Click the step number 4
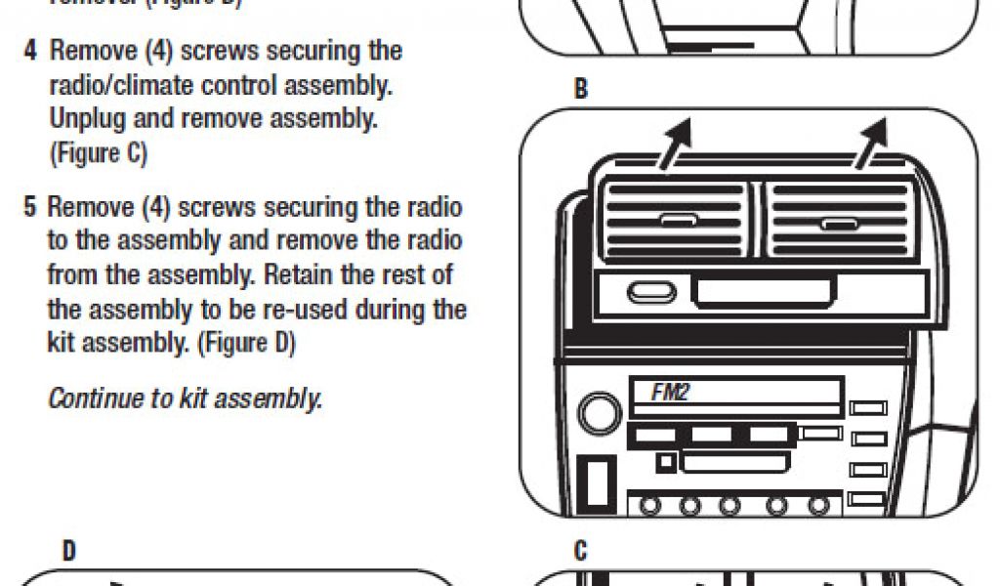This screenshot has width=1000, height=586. pos(31,50)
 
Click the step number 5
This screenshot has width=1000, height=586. pos(31,208)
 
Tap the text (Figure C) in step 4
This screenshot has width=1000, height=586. pos(98,154)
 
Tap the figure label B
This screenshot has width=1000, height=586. pos(581,90)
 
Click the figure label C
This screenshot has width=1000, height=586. pos(581,552)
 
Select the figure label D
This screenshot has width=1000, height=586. pos(69,552)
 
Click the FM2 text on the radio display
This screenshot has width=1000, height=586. pos(670,393)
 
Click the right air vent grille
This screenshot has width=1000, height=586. pos(837,223)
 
